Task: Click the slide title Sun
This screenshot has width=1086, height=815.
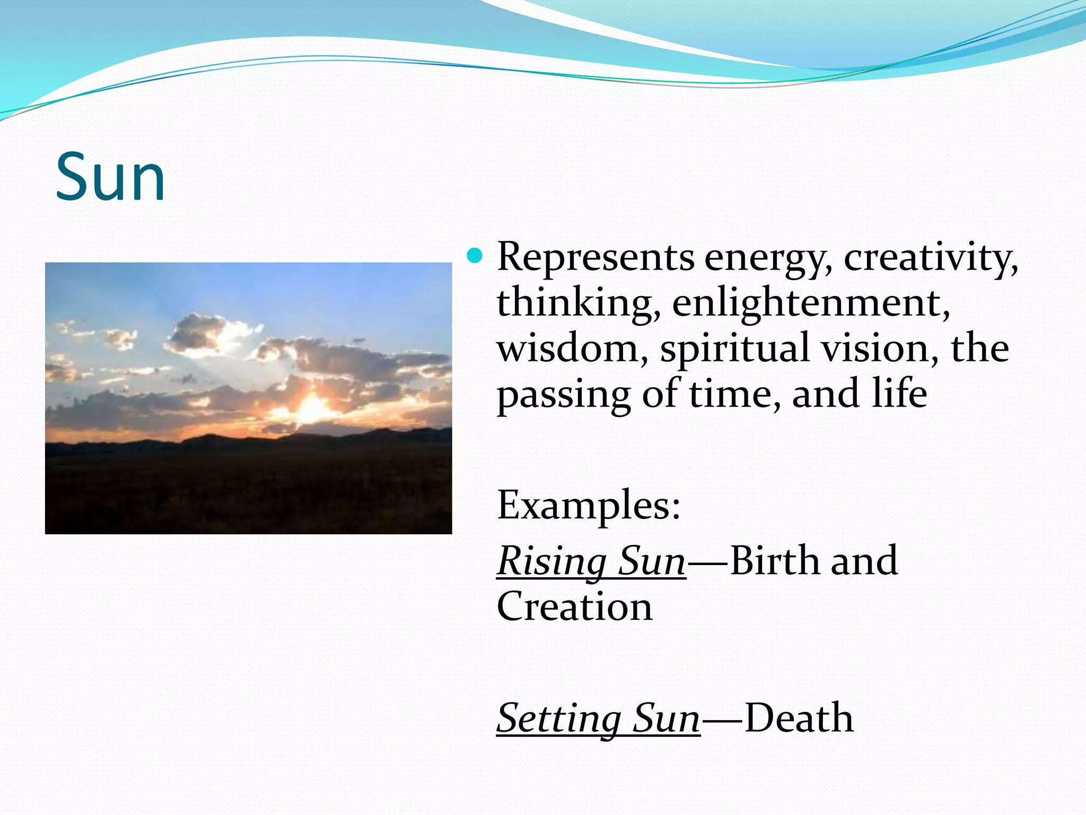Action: click(x=110, y=177)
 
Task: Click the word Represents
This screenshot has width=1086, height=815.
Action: click(x=595, y=258)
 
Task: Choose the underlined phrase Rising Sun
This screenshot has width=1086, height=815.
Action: click(x=591, y=561)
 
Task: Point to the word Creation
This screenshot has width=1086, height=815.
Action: click(x=574, y=607)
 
